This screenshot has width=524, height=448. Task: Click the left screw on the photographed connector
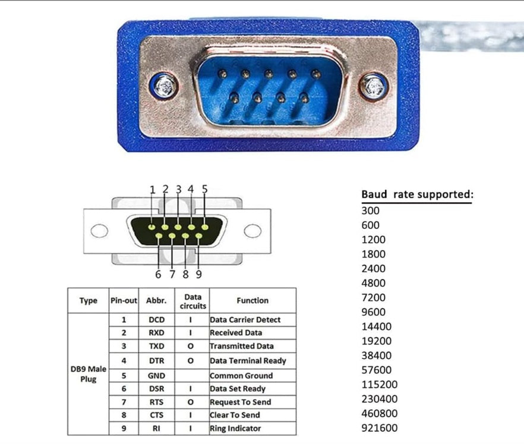click(x=163, y=87)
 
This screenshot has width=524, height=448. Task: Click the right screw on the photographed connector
click(x=373, y=87)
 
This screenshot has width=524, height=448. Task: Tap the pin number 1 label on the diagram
click(x=153, y=190)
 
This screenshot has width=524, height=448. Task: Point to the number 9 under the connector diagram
click(x=198, y=274)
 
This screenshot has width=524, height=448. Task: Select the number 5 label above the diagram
click(x=205, y=189)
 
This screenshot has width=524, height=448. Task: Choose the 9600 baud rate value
click(x=373, y=312)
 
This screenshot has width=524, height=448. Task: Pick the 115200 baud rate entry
click(x=379, y=385)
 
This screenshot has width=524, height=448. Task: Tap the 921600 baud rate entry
click(x=379, y=428)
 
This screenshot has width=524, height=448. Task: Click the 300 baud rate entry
click(x=370, y=210)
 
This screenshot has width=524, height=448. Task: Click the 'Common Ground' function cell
click(x=241, y=376)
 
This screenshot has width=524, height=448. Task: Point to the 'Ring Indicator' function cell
click(x=235, y=428)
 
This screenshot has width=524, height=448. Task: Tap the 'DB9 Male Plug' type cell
click(x=88, y=374)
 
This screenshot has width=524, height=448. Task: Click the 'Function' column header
click(x=252, y=301)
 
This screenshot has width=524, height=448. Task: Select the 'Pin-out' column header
click(x=124, y=301)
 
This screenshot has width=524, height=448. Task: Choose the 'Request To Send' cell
click(x=240, y=402)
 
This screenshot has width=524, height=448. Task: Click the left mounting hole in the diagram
click(x=99, y=230)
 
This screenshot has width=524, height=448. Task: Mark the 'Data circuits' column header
click(x=193, y=301)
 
